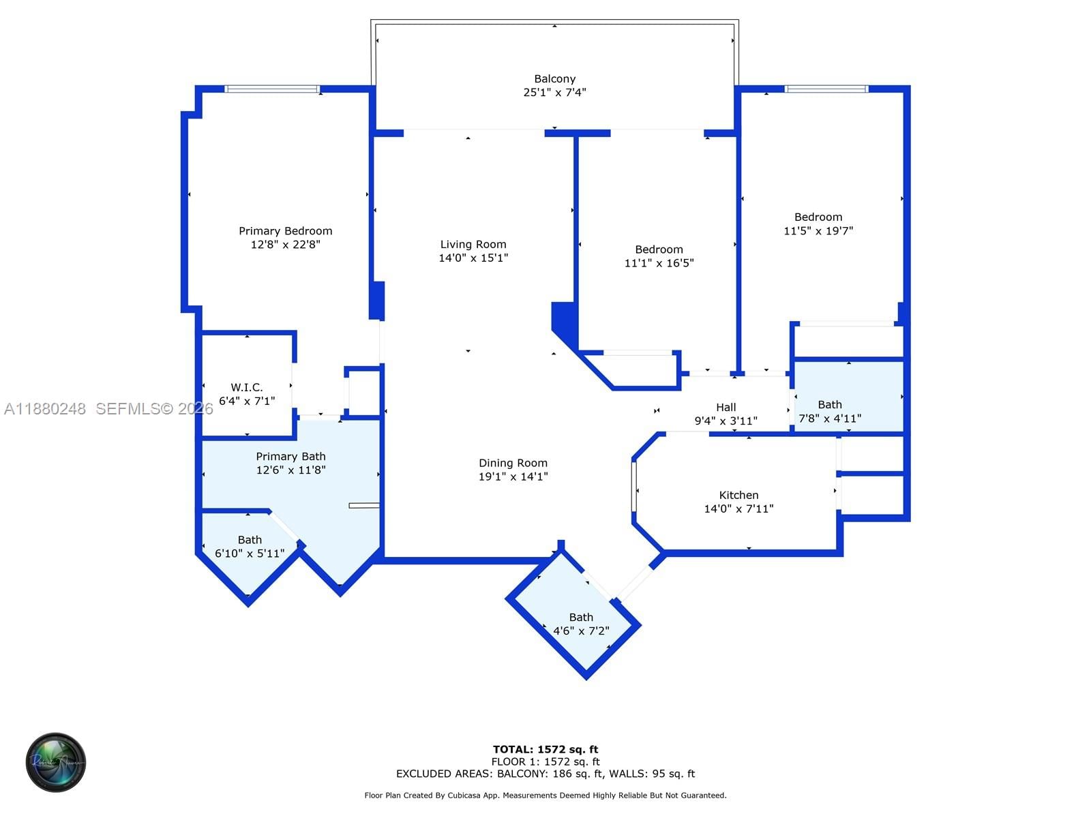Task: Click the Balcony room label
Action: click(554, 79)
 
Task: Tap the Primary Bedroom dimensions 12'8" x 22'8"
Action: click(285, 245)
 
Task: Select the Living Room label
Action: click(473, 244)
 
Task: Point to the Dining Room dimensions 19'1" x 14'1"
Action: click(513, 476)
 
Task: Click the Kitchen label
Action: click(738, 495)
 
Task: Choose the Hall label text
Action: click(726, 407)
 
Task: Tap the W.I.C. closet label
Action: click(246, 387)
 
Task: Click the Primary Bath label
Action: click(290, 456)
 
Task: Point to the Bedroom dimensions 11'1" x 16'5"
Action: click(659, 263)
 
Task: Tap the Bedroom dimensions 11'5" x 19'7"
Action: click(818, 231)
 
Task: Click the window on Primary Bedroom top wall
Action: click(272, 89)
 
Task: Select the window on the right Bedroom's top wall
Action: click(826, 89)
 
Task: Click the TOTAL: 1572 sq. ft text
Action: click(545, 749)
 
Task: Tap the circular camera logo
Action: click(56, 762)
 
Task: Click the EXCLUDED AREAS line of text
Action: click(545, 774)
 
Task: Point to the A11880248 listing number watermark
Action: click(45, 409)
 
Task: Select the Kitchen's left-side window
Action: click(634, 486)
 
